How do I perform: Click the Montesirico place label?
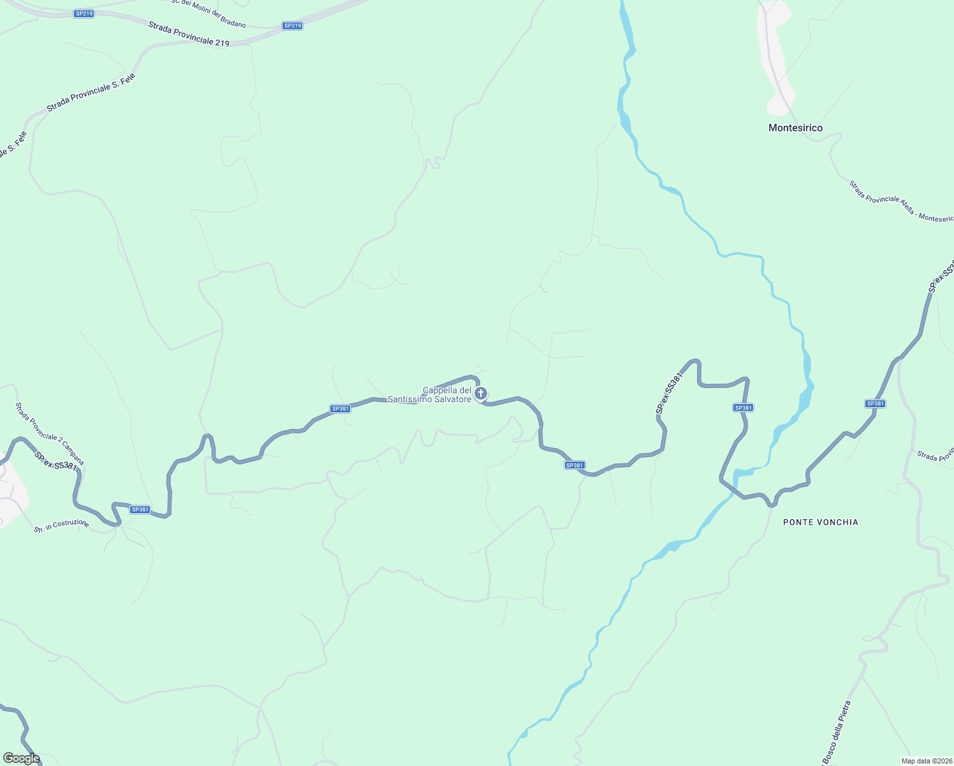795,128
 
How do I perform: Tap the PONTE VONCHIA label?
820,522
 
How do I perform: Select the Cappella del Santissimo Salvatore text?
447,394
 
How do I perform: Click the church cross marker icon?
481,393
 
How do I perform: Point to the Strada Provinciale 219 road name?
188,34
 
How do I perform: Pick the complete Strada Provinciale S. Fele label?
91,93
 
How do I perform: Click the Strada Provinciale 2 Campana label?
49,434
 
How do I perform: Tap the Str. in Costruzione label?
61,526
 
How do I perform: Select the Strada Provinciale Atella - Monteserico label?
901,201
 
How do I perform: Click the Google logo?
21,758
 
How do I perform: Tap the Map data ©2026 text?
926,761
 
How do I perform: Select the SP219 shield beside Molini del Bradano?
292,26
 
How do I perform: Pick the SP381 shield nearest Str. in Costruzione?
140,509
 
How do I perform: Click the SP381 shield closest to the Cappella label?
340,409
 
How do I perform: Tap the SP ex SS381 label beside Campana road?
55,462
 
